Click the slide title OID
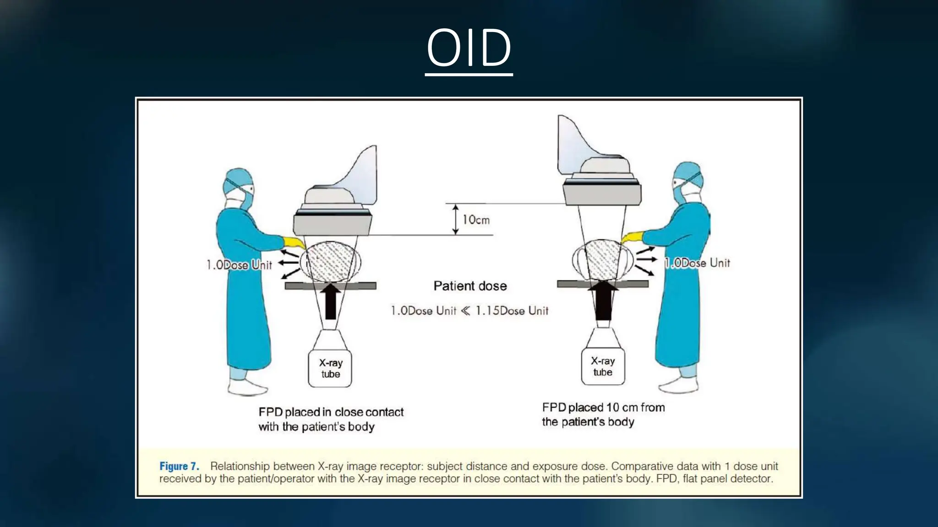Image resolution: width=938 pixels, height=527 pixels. click(469, 48)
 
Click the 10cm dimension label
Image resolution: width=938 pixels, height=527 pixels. click(476, 220)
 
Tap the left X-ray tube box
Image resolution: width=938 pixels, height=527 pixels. click(330, 368)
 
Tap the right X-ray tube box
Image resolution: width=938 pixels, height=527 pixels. click(603, 366)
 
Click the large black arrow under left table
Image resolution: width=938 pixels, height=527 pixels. click(330, 302)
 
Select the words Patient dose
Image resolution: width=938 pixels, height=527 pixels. click(470, 286)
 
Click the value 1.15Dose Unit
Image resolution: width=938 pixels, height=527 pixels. click(512, 311)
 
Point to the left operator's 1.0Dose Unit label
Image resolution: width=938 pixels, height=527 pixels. click(239, 265)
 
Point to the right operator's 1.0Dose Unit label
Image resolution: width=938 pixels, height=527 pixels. click(698, 263)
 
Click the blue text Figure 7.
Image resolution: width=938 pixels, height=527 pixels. click(179, 466)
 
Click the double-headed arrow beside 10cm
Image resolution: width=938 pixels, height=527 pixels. click(455, 220)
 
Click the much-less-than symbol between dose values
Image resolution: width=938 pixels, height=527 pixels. click(465, 311)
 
